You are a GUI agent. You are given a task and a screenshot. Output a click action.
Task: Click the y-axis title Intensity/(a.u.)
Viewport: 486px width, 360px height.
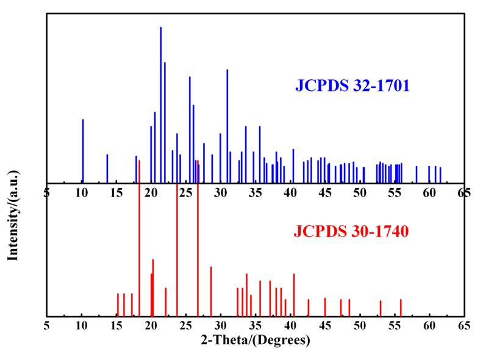point(13,207)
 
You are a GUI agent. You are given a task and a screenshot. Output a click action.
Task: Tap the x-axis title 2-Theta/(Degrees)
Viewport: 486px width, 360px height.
point(255,340)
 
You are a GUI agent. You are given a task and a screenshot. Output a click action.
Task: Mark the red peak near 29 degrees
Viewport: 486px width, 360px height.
point(211,291)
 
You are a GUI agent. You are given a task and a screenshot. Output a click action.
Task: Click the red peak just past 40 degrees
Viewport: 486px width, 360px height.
point(294,295)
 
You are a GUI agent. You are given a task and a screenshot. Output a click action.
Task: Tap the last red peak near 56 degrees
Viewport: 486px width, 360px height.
point(401,308)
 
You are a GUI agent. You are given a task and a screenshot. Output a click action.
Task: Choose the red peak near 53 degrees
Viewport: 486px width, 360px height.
point(381,308)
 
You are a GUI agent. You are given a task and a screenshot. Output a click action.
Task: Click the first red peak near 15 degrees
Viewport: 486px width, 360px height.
point(118,304)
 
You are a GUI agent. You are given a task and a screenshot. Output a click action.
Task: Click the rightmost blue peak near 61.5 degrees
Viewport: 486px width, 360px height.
point(440,175)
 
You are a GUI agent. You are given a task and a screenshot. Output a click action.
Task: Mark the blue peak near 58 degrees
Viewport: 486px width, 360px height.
point(416,174)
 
